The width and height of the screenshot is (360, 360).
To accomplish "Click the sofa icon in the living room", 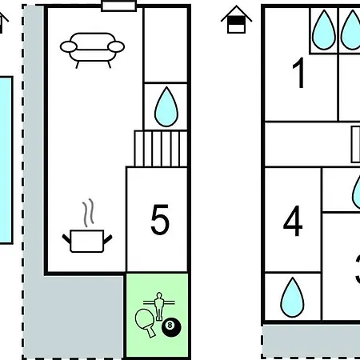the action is pos(92,50).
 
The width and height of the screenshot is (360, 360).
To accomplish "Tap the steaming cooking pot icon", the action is pos(87,226).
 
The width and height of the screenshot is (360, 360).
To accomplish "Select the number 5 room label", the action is pos(160,219).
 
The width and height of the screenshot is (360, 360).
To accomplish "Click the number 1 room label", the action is pos(299,73).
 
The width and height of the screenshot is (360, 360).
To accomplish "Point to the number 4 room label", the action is pos(293,221).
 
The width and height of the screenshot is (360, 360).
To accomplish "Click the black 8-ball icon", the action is pos(171,327).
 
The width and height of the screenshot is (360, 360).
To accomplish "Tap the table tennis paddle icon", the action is pos(146,322).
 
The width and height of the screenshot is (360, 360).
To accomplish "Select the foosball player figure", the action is pos(159,306).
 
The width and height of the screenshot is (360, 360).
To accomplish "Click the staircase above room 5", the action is pos(161,149).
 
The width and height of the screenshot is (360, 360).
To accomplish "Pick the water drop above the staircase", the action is pos(166,106).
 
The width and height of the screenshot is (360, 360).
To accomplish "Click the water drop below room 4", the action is pos(292,298).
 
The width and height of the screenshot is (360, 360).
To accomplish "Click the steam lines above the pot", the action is pos(89,213).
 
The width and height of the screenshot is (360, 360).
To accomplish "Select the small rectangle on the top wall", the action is pos(119,6).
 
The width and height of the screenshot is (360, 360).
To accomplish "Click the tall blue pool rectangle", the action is pos(6,160).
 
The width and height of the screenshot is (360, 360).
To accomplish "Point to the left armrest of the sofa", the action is pos(69,47).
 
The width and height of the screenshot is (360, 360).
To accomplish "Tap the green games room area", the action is pos(157,315).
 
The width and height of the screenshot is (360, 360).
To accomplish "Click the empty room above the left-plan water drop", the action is pos(166,45).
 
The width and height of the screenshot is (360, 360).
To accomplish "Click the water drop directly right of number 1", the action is pos(324,30).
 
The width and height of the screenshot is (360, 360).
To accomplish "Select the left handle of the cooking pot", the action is pos(66,239).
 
